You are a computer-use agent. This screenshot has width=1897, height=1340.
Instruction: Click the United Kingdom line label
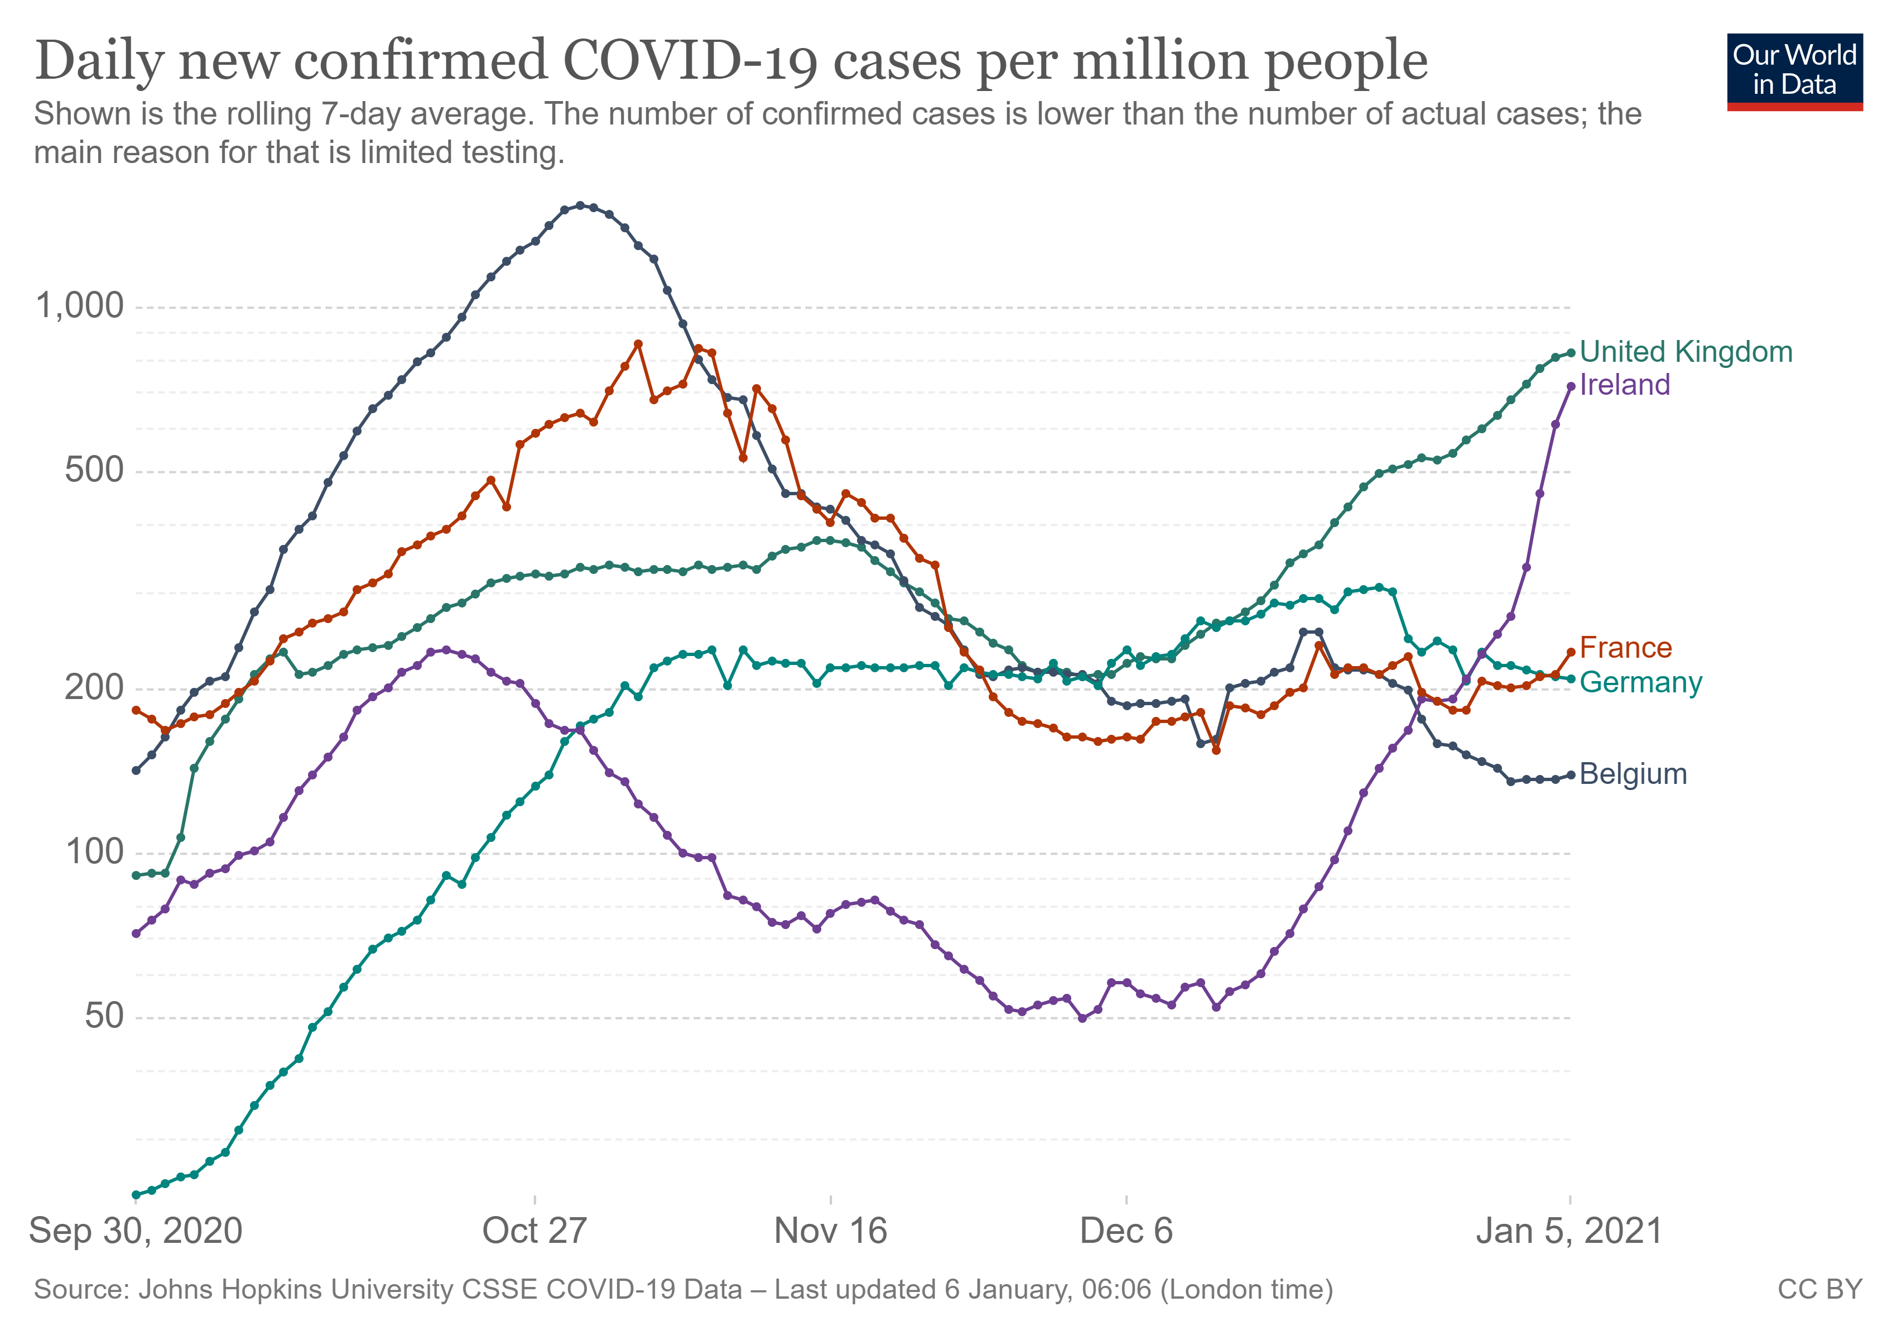1686,352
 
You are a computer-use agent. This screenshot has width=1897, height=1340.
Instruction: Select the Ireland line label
1624,385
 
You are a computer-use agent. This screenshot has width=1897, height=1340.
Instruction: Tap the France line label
1625,648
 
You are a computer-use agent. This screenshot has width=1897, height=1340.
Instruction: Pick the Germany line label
1640,683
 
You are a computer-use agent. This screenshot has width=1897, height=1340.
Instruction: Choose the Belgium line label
1633,774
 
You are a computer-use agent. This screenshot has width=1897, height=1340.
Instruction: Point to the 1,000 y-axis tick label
79,306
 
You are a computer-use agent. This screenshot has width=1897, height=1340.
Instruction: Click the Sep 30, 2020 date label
136,1231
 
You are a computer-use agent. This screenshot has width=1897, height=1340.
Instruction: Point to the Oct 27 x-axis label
535,1231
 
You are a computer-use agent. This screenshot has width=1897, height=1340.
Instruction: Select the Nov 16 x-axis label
830,1231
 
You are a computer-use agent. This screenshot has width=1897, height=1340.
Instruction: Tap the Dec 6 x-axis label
1126,1231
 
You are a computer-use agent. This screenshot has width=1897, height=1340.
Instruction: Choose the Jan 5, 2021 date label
1569,1231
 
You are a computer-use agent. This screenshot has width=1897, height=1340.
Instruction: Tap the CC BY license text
1819,1290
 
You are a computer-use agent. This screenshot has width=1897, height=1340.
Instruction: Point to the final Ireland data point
1571,386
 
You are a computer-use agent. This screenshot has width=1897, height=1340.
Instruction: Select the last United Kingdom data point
1571,353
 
